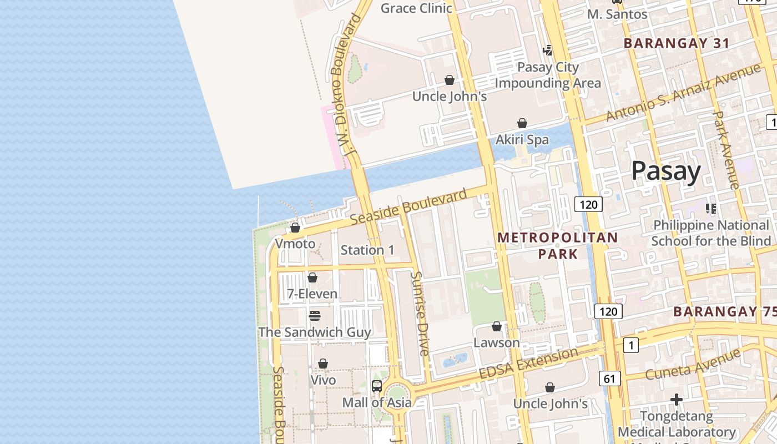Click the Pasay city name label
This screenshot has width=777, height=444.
(x=666, y=171)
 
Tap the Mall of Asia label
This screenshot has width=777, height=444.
(x=377, y=402)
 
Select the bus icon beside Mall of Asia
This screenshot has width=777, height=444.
(x=377, y=386)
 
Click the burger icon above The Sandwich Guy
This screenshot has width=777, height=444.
(x=315, y=316)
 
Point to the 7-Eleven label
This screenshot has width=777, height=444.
(x=312, y=294)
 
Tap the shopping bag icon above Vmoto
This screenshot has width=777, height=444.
(x=295, y=228)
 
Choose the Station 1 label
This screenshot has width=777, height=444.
(x=367, y=250)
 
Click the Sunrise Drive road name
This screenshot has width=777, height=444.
(x=420, y=314)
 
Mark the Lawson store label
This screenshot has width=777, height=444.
(x=497, y=342)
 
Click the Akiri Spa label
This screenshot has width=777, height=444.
(x=522, y=139)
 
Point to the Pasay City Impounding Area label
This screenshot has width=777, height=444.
(x=548, y=75)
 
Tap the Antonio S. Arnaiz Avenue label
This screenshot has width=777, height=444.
(x=683, y=93)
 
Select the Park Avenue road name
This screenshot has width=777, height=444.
(x=725, y=150)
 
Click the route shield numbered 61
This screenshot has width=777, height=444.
(x=609, y=379)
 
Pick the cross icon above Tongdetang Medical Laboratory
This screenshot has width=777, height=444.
(x=676, y=399)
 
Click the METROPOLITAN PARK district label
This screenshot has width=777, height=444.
(x=557, y=245)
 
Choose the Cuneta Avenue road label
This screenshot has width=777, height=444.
(x=693, y=365)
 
